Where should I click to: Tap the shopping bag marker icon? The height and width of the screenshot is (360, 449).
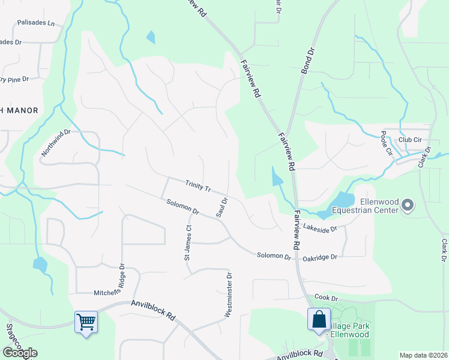[x=318, y=318]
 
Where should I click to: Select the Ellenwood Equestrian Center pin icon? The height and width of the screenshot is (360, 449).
[x=408, y=206]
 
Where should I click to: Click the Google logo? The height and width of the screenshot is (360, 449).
[x=20, y=353]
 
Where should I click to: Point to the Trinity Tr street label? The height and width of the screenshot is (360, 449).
[x=198, y=186]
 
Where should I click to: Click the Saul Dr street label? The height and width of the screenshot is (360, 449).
[x=221, y=207]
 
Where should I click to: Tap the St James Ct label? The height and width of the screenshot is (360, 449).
[x=188, y=243]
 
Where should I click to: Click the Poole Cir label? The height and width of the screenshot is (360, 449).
[x=386, y=142]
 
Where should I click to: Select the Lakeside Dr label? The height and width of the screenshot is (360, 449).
[x=321, y=227]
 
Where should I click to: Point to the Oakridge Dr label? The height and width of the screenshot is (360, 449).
[x=320, y=256]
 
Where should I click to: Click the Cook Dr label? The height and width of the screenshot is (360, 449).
[x=327, y=298]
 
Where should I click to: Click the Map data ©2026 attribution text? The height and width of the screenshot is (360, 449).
[x=423, y=355]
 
